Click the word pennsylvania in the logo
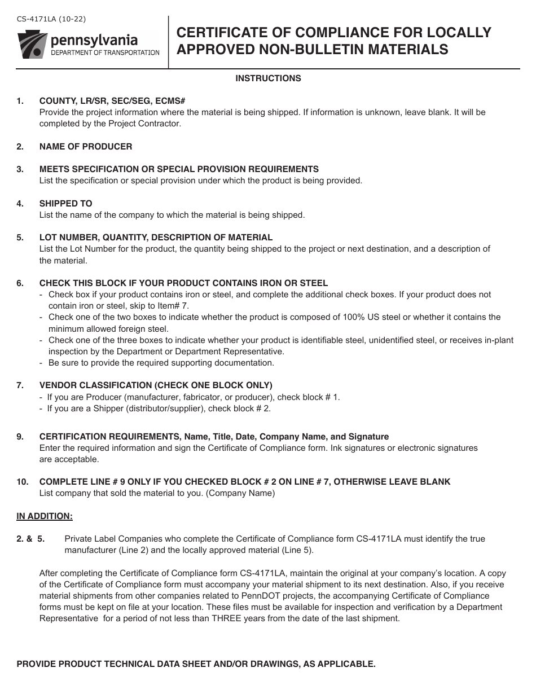click(93, 40)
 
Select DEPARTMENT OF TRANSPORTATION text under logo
click(105, 52)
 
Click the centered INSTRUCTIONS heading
click(268, 78)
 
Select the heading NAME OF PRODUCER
click(86, 147)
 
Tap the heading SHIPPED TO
click(65, 204)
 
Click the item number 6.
click(20, 283)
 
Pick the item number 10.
click(22, 482)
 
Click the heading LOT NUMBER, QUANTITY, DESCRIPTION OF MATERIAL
click(156, 238)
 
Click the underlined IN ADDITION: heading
click(45, 516)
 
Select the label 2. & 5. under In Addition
click(30, 539)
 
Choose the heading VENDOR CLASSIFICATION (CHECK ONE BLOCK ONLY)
click(156, 385)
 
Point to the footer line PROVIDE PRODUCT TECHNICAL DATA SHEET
click(196, 664)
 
